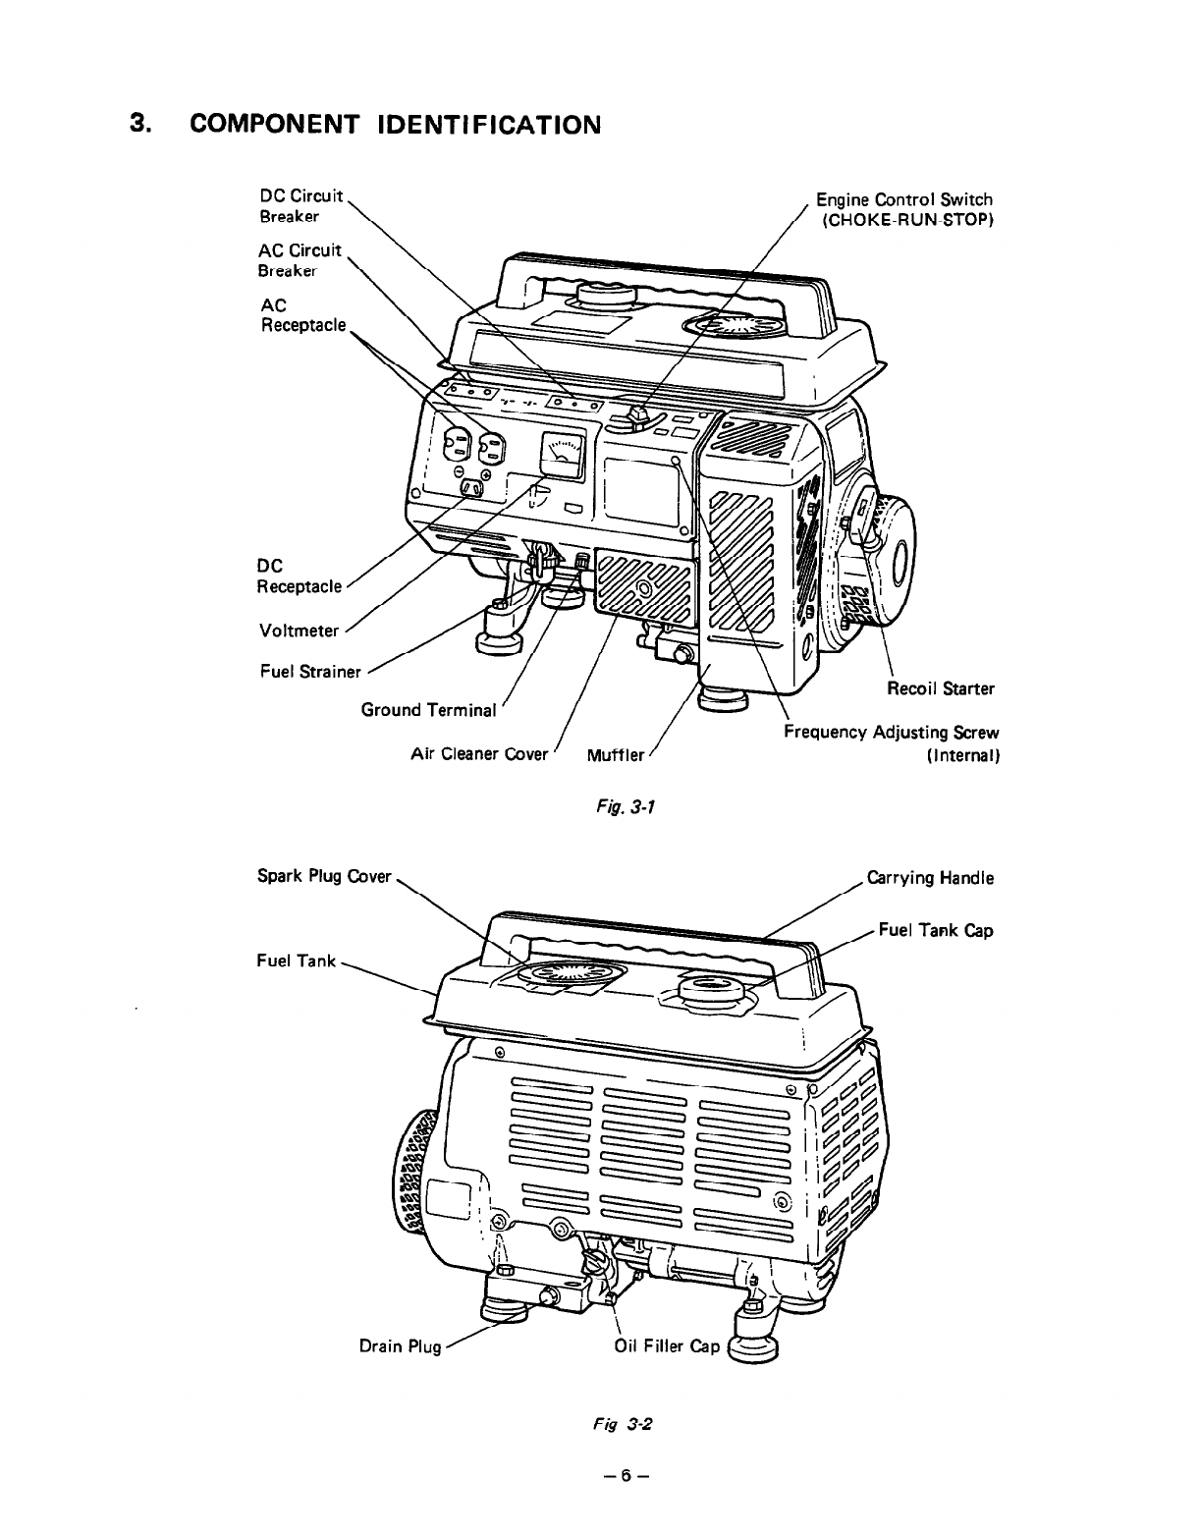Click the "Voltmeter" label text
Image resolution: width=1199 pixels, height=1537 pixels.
click(298, 631)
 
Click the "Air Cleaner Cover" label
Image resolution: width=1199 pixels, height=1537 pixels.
click(479, 754)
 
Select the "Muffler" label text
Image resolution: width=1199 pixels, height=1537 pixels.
click(615, 755)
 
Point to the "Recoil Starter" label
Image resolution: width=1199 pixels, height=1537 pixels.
click(941, 688)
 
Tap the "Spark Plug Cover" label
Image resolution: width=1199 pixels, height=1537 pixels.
click(324, 876)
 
